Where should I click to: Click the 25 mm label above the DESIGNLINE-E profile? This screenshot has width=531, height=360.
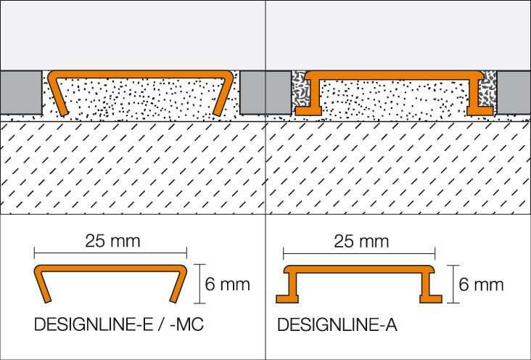tap(112, 241)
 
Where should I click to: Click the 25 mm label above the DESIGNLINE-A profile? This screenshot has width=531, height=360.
tap(361, 242)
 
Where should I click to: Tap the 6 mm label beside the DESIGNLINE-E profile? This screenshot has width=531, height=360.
tap(227, 284)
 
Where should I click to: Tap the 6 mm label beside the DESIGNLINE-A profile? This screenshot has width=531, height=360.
tap(481, 284)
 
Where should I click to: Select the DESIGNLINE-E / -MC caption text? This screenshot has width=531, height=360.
tap(119, 324)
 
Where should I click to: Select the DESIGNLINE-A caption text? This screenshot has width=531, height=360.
tap(337, 324)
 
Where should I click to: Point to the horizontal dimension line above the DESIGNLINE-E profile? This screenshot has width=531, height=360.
tap(110, 253)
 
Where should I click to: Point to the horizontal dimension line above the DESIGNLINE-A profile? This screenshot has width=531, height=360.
tap(359, 253)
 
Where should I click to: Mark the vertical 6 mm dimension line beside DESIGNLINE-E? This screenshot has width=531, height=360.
tap(199, 284)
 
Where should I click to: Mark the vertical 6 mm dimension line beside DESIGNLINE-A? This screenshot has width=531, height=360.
tap(453, 284)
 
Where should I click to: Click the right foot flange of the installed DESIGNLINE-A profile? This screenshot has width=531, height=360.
tap(480, 111)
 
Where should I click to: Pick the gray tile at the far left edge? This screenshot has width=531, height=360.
tap(21, 93)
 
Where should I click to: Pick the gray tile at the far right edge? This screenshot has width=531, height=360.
tap(514, 93)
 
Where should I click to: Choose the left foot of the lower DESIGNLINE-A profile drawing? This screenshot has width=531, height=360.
tap(287, 298)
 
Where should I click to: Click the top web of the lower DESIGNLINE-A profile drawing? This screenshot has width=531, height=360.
tap(359, 269)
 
